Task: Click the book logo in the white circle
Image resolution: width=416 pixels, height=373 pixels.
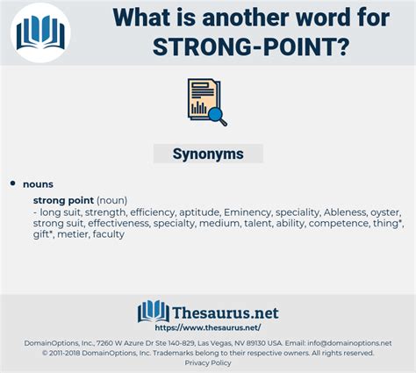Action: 40,32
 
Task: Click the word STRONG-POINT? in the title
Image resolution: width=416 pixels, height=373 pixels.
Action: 251,47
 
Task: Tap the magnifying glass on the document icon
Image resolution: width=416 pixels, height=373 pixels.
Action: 218,117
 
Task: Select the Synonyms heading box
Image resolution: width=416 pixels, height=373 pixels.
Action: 208,154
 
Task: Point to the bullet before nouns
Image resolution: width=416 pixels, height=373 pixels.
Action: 12,183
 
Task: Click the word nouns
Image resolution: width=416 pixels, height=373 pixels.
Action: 38,184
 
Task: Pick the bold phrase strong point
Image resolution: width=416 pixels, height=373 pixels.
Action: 63,200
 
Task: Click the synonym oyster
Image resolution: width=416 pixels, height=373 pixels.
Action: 385,212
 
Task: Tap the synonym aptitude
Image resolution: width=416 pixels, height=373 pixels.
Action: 200,212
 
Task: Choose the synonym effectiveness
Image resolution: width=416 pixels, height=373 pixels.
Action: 119,223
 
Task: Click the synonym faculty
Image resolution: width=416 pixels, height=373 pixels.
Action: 109,234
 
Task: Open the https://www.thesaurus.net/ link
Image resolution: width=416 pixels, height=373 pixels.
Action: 208,327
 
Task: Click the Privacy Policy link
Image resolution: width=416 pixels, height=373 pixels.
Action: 208,363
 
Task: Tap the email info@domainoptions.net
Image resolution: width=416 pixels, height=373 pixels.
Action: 349,343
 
